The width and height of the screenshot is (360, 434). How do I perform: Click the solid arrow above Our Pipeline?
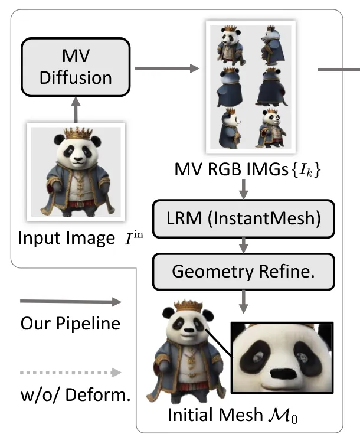tap(70, 302)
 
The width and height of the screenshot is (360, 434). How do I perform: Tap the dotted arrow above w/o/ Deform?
tap(70, 373)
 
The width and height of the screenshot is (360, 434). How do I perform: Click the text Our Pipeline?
tap(70, 324)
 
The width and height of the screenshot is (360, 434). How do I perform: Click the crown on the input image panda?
tap(76, 134)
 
